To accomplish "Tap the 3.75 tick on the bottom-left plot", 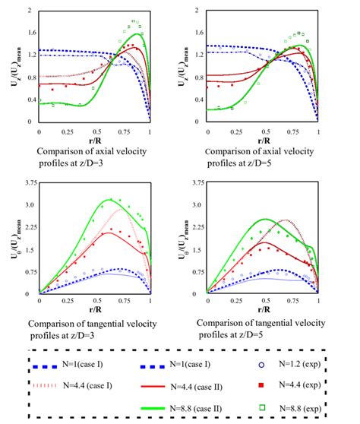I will click(28, 183).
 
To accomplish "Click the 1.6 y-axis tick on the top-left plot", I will click(30, 33).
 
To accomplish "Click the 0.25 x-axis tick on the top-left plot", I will click(66, 131).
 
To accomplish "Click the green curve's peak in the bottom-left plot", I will click(111, 199).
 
